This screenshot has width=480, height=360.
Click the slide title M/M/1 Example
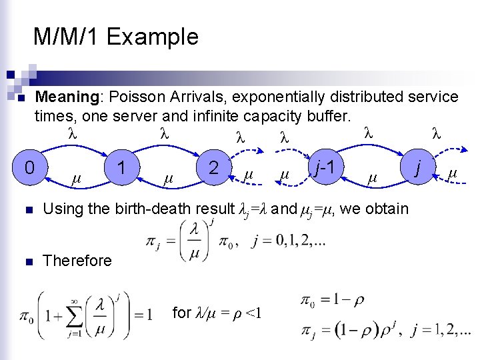116,37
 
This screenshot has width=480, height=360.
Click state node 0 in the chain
29,166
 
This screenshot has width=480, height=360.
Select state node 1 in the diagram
121,166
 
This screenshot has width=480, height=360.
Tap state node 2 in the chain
214,166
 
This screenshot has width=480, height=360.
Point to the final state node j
418,166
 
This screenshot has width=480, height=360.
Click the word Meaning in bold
67,97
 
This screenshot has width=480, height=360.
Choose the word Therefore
77,261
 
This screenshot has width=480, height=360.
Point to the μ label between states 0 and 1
75,179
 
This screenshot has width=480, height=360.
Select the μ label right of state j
453,174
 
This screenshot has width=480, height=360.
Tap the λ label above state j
437,133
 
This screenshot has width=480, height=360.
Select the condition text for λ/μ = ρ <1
217,313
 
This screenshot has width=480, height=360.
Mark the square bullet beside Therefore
21,261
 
